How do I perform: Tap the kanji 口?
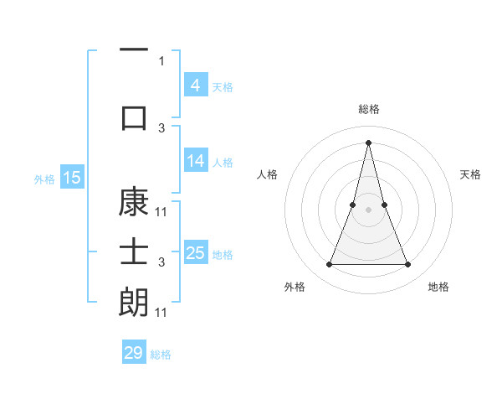(x=134, y=118)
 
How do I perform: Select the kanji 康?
(x=134, y=204)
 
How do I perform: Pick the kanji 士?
(x=134, y=252)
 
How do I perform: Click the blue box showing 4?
(x=195, y=85)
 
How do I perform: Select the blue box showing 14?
(x=195, y=161)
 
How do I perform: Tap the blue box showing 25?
(x=195, y=253)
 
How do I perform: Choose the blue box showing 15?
(x=71, y=178)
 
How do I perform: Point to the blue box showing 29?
(x=134, y=353)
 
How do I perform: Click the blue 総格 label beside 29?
(x=161, y=355)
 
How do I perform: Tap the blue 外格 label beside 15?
(x=44, y=179)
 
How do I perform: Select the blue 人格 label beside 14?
(x=223, y=162)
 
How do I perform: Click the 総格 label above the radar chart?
(x=368, y=109)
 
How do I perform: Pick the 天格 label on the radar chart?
(x=470, y=174)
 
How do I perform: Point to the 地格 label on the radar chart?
(x=438, y=288)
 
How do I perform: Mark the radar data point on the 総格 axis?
(x=368, y=142)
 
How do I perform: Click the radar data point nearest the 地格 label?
(x=408, y=265)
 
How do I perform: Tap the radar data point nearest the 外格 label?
(x=329, y=265)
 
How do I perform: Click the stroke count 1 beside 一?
(x=161, y=60)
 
